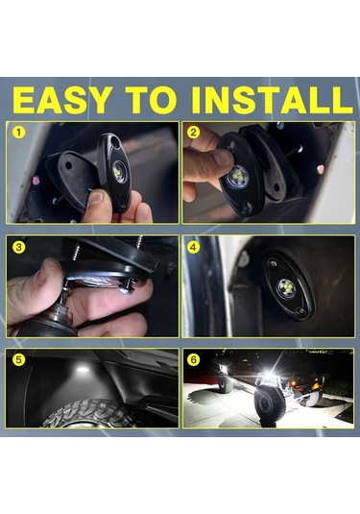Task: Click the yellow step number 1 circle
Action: [x=19, y=133]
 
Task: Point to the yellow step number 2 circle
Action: [x=193, y=133]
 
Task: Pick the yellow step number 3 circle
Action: [x=18, y=247]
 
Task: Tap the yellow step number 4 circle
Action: [x=193, y=247]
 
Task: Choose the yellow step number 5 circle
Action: [x=18, y=359]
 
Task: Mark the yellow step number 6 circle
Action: [x=193, y=359]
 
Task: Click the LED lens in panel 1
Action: [x=118, y=170]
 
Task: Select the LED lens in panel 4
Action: [x=287, y=288]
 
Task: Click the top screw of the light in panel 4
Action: [x=274, y=263]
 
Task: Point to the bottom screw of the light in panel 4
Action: [x=299, y=310]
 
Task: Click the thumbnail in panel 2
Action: [x=223, y=158]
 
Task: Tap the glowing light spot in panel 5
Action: [x=83, y=369]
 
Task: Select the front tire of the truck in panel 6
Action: [x=269, y=404]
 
